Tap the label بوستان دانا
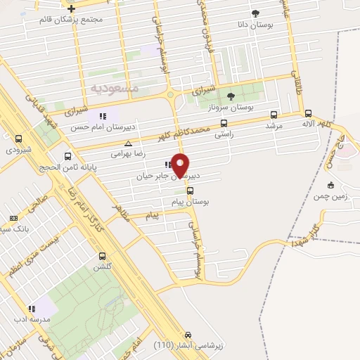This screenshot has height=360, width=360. [x=255, y=25]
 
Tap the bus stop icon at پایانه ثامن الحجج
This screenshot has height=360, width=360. [x=67, y=157]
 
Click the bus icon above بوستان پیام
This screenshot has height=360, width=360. [x=190, y=191]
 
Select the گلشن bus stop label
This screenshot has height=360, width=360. [x=103, y=268]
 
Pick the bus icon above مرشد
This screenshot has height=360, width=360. [x=274, y=114]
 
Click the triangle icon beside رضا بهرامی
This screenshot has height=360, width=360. [x=127, y=143]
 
